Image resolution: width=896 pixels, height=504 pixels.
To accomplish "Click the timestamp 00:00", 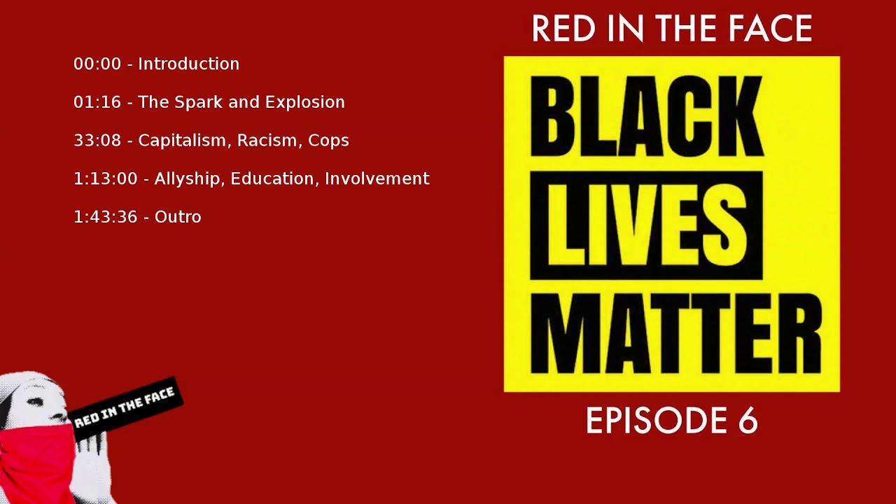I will (x=97, y=64).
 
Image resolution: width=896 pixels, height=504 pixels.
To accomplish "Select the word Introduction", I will (x=188, y=64).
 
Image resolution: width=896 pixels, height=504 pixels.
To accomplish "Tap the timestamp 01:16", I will (x=97, y=102).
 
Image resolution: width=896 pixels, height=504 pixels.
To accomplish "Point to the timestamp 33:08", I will (x=97, y=141).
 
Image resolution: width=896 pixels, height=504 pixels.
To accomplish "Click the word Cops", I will (x=328, y=141).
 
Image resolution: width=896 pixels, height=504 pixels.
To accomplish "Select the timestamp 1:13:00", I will (x=106, y=179).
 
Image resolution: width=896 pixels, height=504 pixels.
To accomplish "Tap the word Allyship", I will (x=188, y=179).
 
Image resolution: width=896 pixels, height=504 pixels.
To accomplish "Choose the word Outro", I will (x=178, y=217).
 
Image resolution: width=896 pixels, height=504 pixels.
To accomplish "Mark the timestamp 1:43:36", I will (x=106, y=217).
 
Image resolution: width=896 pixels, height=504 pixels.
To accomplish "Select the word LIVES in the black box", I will (x=645, y=225).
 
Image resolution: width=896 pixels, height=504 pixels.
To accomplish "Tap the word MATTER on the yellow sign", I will (x=675, y=334).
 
